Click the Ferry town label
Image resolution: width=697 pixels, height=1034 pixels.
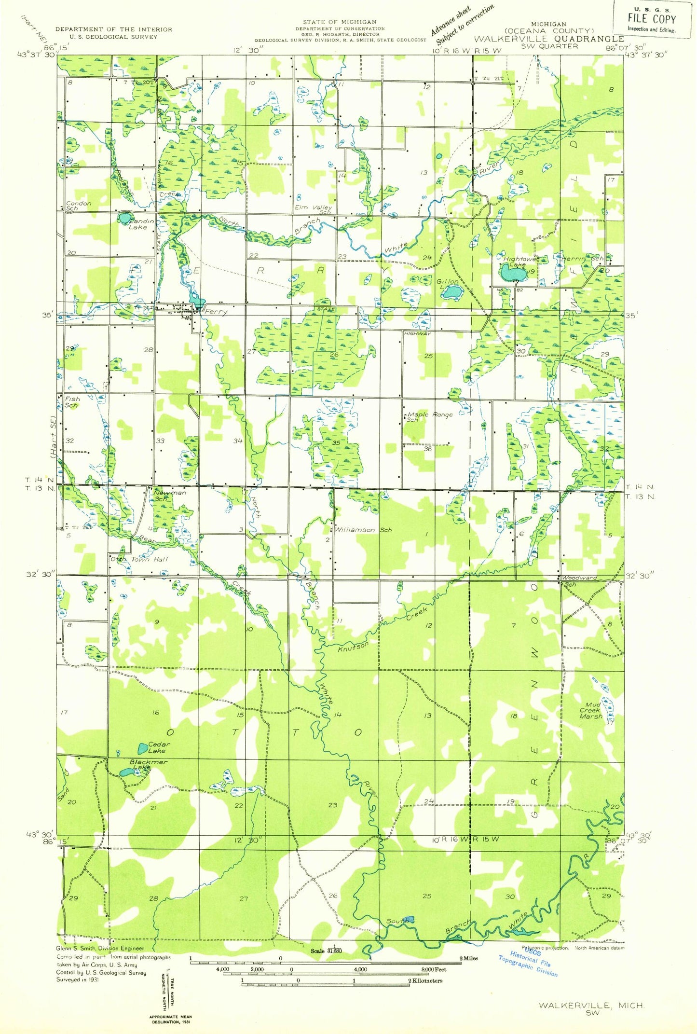click(216, 312)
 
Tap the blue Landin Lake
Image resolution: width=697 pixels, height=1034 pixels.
click(124, 218)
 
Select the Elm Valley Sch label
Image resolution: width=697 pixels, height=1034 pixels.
click(314, 209)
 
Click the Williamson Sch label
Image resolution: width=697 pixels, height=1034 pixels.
click(363, 530)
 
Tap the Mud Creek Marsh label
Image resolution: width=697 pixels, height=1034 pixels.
click(591, 711)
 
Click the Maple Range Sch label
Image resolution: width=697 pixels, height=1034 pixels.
click(429, 416)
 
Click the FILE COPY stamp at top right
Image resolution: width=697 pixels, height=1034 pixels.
click(652, 19)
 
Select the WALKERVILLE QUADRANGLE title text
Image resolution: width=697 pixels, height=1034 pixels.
click(549, 39)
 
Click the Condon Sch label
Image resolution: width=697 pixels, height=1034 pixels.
click(78, 206)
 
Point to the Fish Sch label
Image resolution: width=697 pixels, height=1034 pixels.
click(72, 402)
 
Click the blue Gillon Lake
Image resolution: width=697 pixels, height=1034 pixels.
click(452, 291)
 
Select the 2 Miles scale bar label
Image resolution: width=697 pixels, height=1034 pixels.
click(468, 958)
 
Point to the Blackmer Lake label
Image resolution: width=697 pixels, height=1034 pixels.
click(147, 764)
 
